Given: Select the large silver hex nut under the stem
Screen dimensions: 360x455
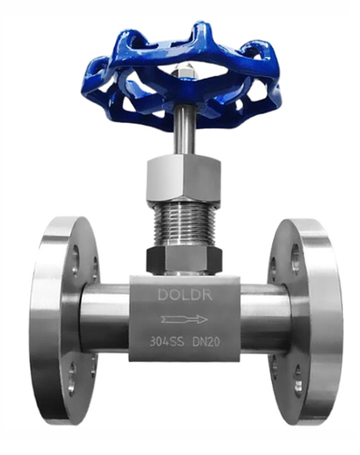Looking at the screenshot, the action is tap(183, 179).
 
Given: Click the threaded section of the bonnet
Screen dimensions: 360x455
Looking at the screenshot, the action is tap(183, 225).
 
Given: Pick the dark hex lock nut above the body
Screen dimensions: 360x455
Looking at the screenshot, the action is tap(184, 260).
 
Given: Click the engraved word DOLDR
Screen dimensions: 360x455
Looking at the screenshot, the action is tap(185, 295).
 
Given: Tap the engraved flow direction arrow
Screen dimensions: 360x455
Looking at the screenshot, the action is tap(184, 319).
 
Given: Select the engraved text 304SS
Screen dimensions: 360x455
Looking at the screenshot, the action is tap(166, 341).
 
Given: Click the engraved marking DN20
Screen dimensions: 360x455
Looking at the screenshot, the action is tap(206, 342).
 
